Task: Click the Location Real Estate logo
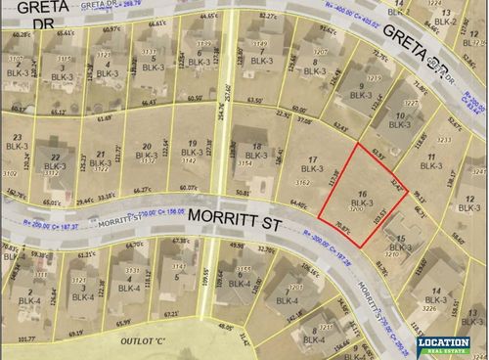pyautogui.click(x=443, y=345)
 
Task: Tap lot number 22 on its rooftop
pyautogui.click(x=56, y=156)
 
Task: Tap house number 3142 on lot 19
pyautogui.click(x=193, y=160)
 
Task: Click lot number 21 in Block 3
pyautogui.click(x=101, y=154)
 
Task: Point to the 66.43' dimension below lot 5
pyautogui.click(x=150, y=102)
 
